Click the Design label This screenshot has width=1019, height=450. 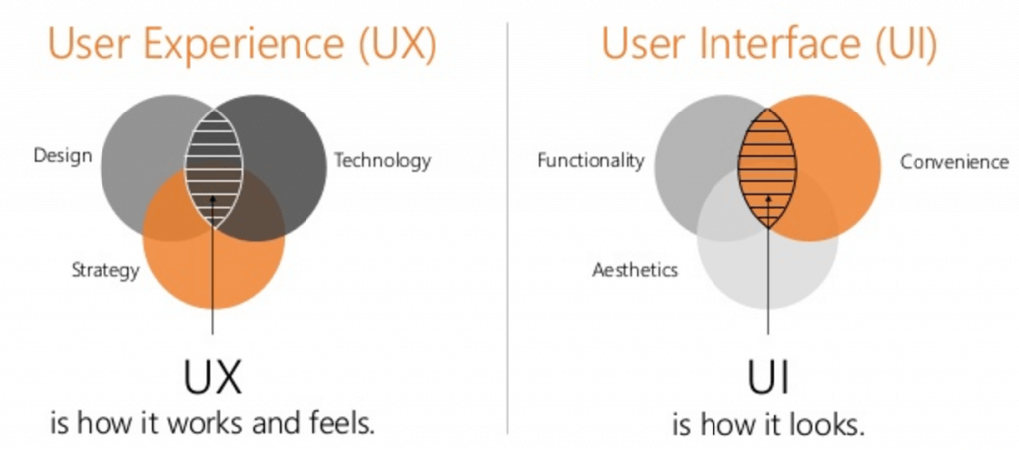[x=63, y=156]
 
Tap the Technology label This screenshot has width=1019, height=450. [x=382, y=160]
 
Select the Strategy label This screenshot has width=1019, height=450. [x=105, y=269]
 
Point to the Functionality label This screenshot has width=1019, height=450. [x=591, y=160]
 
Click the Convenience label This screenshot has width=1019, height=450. [x=954, y=162]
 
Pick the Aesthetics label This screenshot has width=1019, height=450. [x=634, y=269]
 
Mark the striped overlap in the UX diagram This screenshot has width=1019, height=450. [x=214, y=168]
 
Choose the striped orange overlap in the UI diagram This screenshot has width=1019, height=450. [x=767, y=168]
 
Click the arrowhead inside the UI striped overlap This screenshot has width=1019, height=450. [x=768, y=200]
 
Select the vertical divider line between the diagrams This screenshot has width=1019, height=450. [x=507, y=228]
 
